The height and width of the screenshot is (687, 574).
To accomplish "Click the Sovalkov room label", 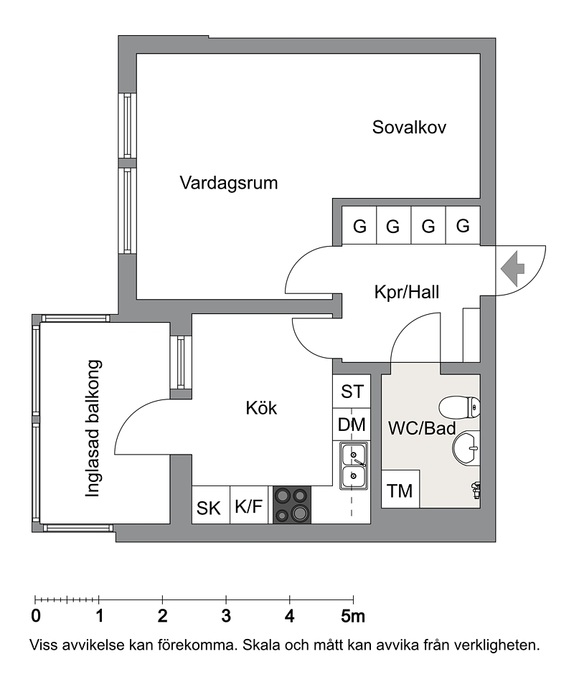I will point(410,128).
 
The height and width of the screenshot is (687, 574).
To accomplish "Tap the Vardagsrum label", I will point(229,182).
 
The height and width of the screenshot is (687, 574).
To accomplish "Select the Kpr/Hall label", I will point(407,293).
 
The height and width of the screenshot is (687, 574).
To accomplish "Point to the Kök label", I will point(261,408).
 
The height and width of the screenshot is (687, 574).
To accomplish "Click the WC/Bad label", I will point(423,429).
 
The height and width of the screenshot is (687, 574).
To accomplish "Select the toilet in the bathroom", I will point(461,407).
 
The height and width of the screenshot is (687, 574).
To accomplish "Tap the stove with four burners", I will point(291,505).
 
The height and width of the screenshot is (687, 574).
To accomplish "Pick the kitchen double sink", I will point(353,465).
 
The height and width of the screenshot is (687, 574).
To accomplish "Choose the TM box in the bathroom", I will point(400,491).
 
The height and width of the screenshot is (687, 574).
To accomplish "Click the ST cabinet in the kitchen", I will point(352,392).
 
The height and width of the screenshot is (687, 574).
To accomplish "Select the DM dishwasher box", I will point(352,425).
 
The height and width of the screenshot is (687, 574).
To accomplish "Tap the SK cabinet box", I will point(210,508).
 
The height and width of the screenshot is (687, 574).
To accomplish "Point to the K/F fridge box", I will point(248,507).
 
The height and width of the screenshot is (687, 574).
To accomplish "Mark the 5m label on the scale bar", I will point(352,616).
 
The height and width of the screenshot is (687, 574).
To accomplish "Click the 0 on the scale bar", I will point(35,616).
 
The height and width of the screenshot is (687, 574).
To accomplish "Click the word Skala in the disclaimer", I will point(262,645).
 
